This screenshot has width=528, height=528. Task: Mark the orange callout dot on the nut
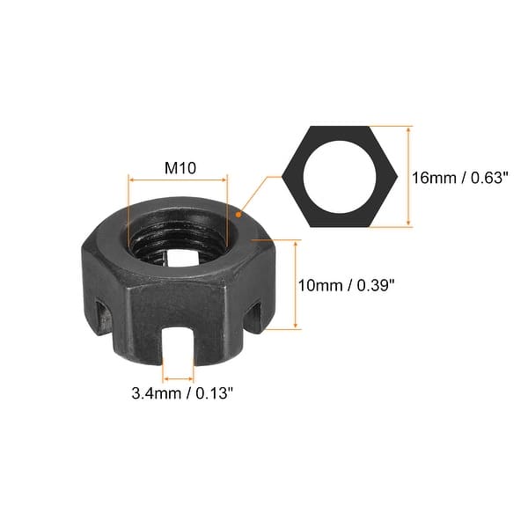[238, 211]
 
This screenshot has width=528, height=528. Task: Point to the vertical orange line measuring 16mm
[408, 176]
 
